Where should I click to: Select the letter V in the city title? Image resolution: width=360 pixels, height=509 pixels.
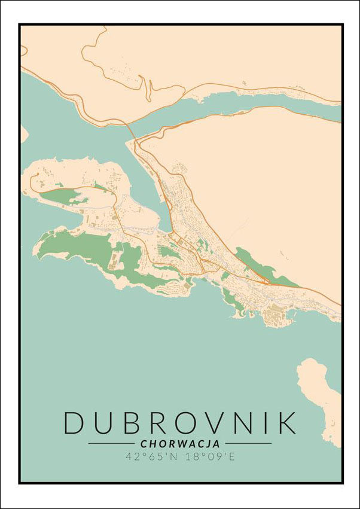point(207,422)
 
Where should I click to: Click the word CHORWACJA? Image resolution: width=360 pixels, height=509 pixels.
point(180,444)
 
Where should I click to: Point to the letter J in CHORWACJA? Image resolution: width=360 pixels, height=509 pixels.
point(206,444)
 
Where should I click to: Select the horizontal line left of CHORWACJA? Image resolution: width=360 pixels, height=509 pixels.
point(111,444)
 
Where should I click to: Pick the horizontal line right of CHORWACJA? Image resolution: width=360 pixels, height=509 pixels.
point(248,444)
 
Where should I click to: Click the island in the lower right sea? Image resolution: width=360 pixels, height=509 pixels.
point(320,389)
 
